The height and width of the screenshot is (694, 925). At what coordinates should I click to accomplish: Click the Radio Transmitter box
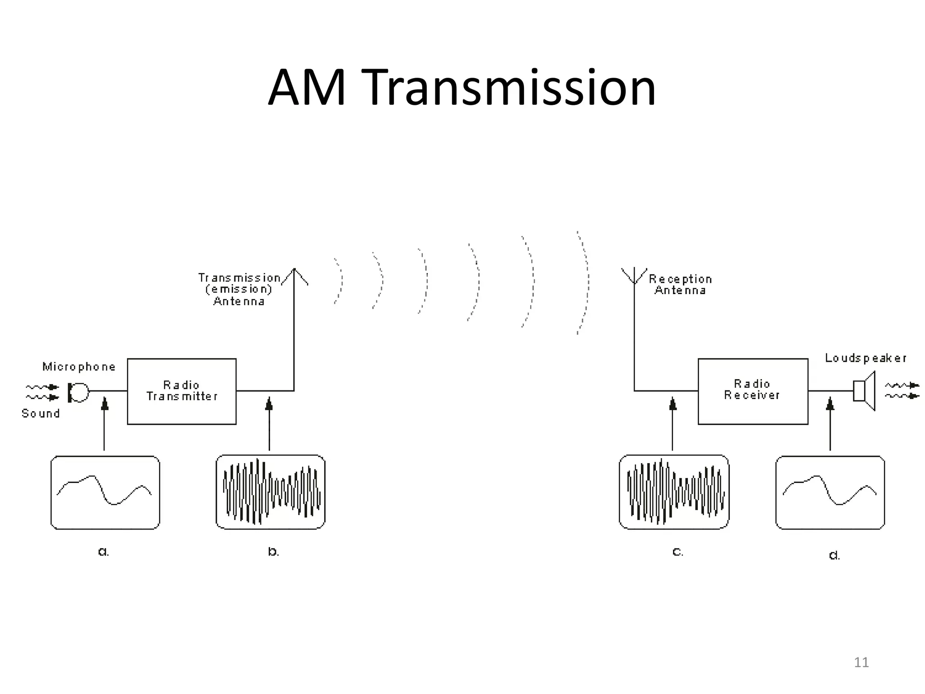tap(182, 391)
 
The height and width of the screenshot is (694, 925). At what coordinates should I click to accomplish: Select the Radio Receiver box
tap(752, 391)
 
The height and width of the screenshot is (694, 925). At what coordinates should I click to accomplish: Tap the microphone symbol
tap(78, 392)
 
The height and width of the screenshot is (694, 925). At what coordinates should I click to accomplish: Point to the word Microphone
tap(79, 366)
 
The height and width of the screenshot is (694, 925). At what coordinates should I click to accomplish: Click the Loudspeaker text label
tap(865, 358)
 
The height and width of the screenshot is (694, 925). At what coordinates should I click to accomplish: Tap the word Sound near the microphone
tap(41, 413)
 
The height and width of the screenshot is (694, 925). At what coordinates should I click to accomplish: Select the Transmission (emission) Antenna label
tap(239, 290)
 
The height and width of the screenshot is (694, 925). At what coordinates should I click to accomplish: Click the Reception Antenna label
tap(680, 285)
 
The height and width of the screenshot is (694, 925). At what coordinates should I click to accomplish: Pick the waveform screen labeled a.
tap(105, 492)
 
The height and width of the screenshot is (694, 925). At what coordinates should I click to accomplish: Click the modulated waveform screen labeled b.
tap(271, 492)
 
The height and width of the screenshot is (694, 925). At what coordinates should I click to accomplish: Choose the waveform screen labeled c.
tap(674, 492)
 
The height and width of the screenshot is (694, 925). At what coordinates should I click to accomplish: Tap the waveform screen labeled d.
tap(830, 492)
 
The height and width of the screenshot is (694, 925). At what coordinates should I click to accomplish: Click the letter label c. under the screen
tap(678, 552)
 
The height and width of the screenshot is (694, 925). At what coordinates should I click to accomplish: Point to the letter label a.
tap(103, 552)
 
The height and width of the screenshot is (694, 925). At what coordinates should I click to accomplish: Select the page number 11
tap(861, 662)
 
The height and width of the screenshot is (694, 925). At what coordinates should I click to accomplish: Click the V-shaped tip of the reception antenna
tap(634, 276)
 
